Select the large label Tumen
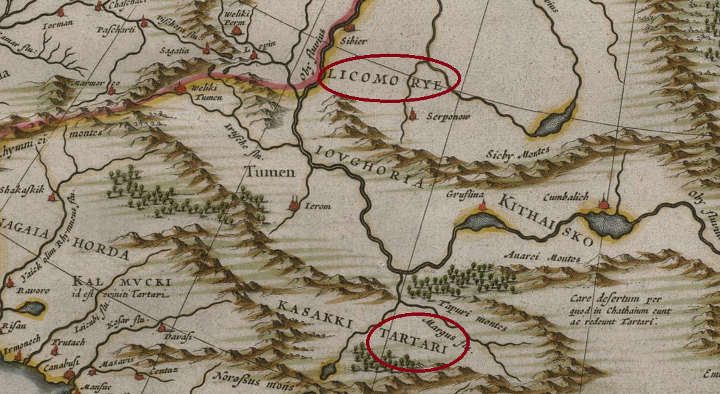click(x=268, y=172)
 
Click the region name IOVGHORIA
click(x=370, y=165)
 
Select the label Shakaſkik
click(x=21, y=190)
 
